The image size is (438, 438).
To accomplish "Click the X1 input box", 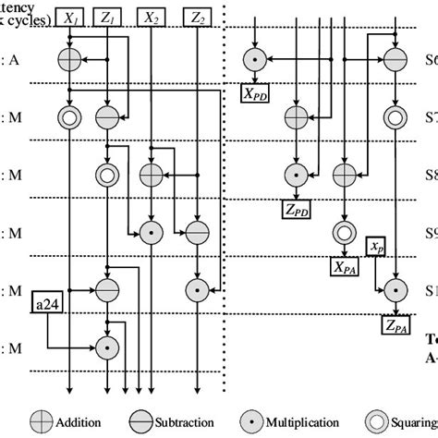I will [x=70, y=16].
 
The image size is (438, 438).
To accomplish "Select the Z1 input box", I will [x=110, y=16].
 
